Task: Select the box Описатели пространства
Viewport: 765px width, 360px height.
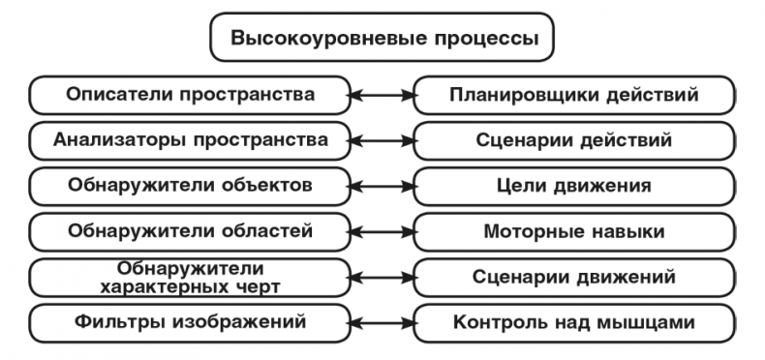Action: click(190, 95)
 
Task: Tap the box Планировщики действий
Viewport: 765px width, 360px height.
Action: click(574, 95)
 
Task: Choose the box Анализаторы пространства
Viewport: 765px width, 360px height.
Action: click(190, 139)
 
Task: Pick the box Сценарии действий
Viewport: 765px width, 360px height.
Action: click(574, 139)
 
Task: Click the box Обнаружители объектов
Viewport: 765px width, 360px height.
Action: click(190, 185)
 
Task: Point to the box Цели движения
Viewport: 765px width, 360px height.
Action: click(574, 185)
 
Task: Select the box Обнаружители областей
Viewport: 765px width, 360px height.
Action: click(190, 230)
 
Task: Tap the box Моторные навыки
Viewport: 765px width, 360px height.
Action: click(574, 230)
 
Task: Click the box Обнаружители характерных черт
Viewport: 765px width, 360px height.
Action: click(190, 277)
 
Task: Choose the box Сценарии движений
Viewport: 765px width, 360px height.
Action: click(574, 277)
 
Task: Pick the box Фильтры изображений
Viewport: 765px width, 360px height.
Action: click(190, 321)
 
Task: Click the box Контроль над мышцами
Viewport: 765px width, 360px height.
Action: click(574, 321)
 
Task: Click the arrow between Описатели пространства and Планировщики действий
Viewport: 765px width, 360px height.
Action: click(382, 95)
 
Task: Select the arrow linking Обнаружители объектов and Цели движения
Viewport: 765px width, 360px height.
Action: click(382, 185)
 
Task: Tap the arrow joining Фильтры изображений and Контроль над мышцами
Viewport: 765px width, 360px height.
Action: click(382, 321)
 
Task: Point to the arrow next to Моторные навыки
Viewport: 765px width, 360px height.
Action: click(382, 230)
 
